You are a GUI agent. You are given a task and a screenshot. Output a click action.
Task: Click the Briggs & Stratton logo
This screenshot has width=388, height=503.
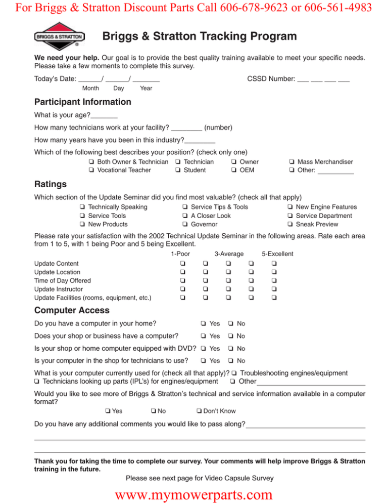(x=60, y=37)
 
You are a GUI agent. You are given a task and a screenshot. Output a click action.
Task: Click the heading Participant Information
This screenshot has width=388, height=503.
(x=82, y=102)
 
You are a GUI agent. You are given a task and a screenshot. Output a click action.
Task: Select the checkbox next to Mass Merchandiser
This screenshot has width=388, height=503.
(x=292, y=162)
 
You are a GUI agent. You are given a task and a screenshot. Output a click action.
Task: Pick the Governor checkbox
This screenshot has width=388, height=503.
(x=185, y=224)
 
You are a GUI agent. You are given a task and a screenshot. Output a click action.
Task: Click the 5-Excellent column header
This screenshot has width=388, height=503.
(x=277, y=254)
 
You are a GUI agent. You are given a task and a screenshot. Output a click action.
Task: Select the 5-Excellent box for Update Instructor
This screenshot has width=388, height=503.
(x=273, y=289)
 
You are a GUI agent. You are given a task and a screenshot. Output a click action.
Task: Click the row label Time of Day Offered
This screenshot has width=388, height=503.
(x=62, y=280)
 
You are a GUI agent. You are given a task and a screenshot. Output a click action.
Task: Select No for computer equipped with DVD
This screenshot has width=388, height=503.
(x=230, y=348)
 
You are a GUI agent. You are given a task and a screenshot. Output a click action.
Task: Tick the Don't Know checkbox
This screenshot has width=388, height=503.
(x=200, y=410)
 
